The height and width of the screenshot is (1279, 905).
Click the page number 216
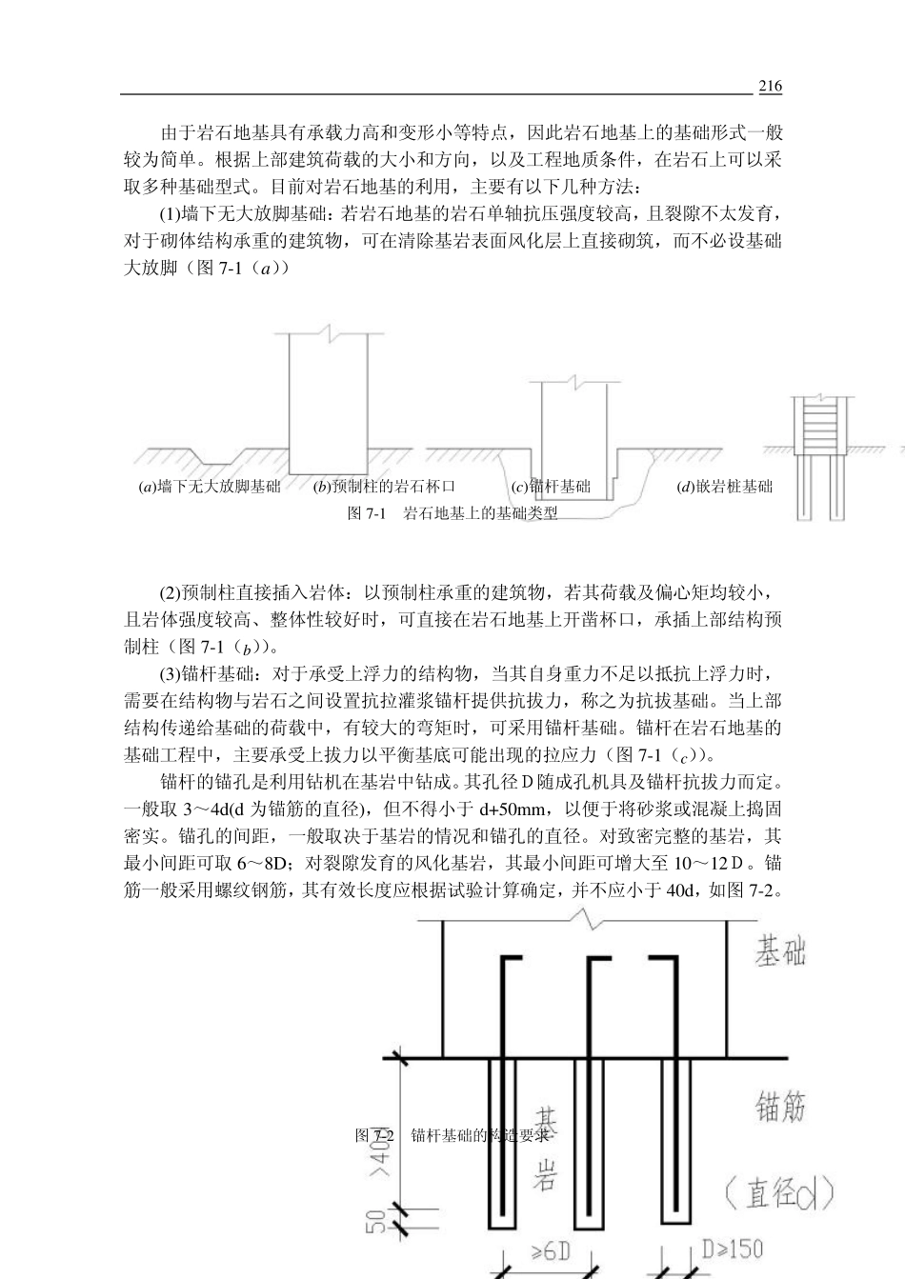(770, 87)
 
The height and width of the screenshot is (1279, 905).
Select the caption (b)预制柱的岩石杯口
(385, 488)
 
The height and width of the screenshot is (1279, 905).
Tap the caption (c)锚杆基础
(552, 488)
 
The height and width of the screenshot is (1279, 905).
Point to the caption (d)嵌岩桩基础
(724, 488)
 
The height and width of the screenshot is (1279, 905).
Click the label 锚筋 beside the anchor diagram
(781, 1107)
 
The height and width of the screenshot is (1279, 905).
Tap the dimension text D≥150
(732, 1247)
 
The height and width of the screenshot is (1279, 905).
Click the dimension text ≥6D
(549, 1250)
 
